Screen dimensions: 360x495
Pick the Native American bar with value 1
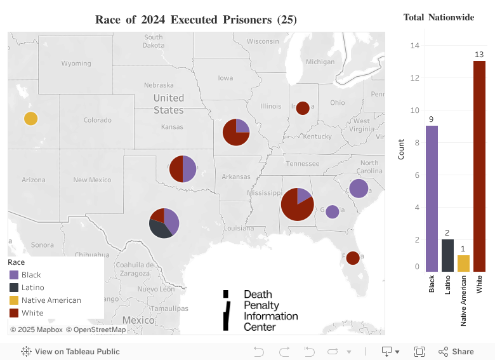point(463,263)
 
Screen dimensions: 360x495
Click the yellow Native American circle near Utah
point(30,119)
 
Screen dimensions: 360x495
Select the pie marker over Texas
point(164,223)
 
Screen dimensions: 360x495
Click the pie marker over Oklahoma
point(183,169)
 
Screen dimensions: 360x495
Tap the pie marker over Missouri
point(235,132)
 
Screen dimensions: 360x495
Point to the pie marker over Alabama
point(297,204)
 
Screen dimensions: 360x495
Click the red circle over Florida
point(353,258)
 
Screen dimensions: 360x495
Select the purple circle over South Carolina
point(359,189)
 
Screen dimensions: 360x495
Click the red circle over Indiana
point(303,108)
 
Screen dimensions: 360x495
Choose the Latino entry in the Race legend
point(32,288)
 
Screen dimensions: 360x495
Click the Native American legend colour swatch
point(14,300)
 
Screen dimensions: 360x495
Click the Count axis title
point(400,149)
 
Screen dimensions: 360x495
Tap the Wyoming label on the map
point(76,63)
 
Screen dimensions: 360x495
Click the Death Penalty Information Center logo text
point(270,310)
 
